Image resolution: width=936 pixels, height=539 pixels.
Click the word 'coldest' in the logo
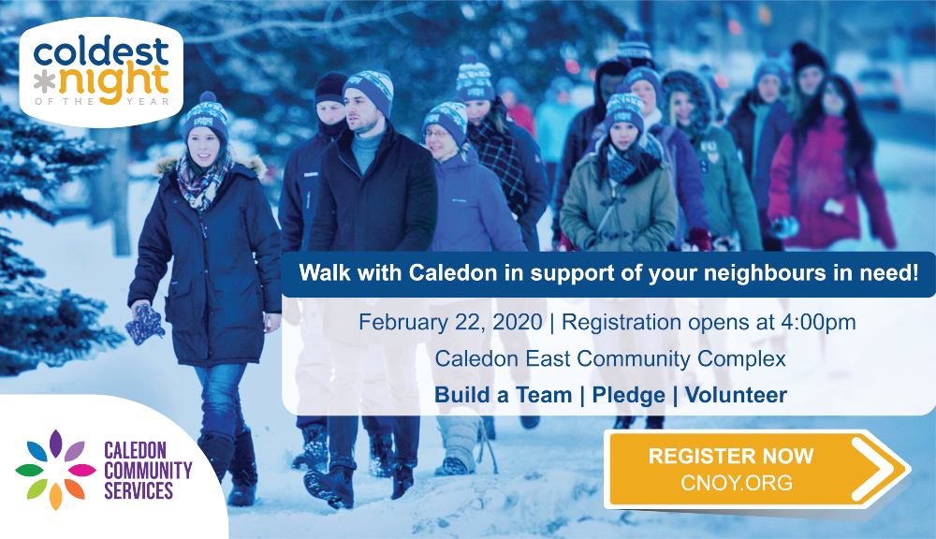click(101, 51)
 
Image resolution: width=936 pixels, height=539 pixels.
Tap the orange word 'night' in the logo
click(113, 84)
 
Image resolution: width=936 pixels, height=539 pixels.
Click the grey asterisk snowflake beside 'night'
click(44, 85)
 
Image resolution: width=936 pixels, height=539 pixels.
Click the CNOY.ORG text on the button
click(737, 482)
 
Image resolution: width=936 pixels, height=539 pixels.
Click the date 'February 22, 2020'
click(450, 322)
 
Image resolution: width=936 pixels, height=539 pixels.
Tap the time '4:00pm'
click(818, 323)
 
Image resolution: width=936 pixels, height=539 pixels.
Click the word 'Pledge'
click(629, 395)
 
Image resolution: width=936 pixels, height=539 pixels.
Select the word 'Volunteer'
click(736, 395)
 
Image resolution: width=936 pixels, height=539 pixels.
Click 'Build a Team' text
click(504, 395)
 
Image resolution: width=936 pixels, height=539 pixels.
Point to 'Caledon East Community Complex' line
click(610, 358)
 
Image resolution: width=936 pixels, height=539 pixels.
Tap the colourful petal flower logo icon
click(55, 470)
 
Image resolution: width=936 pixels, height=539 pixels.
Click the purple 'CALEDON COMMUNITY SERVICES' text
click(148, 471)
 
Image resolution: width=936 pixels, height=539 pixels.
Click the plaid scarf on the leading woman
click(202, 179)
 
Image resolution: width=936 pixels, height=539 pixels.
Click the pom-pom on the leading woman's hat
click(208, 97)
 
